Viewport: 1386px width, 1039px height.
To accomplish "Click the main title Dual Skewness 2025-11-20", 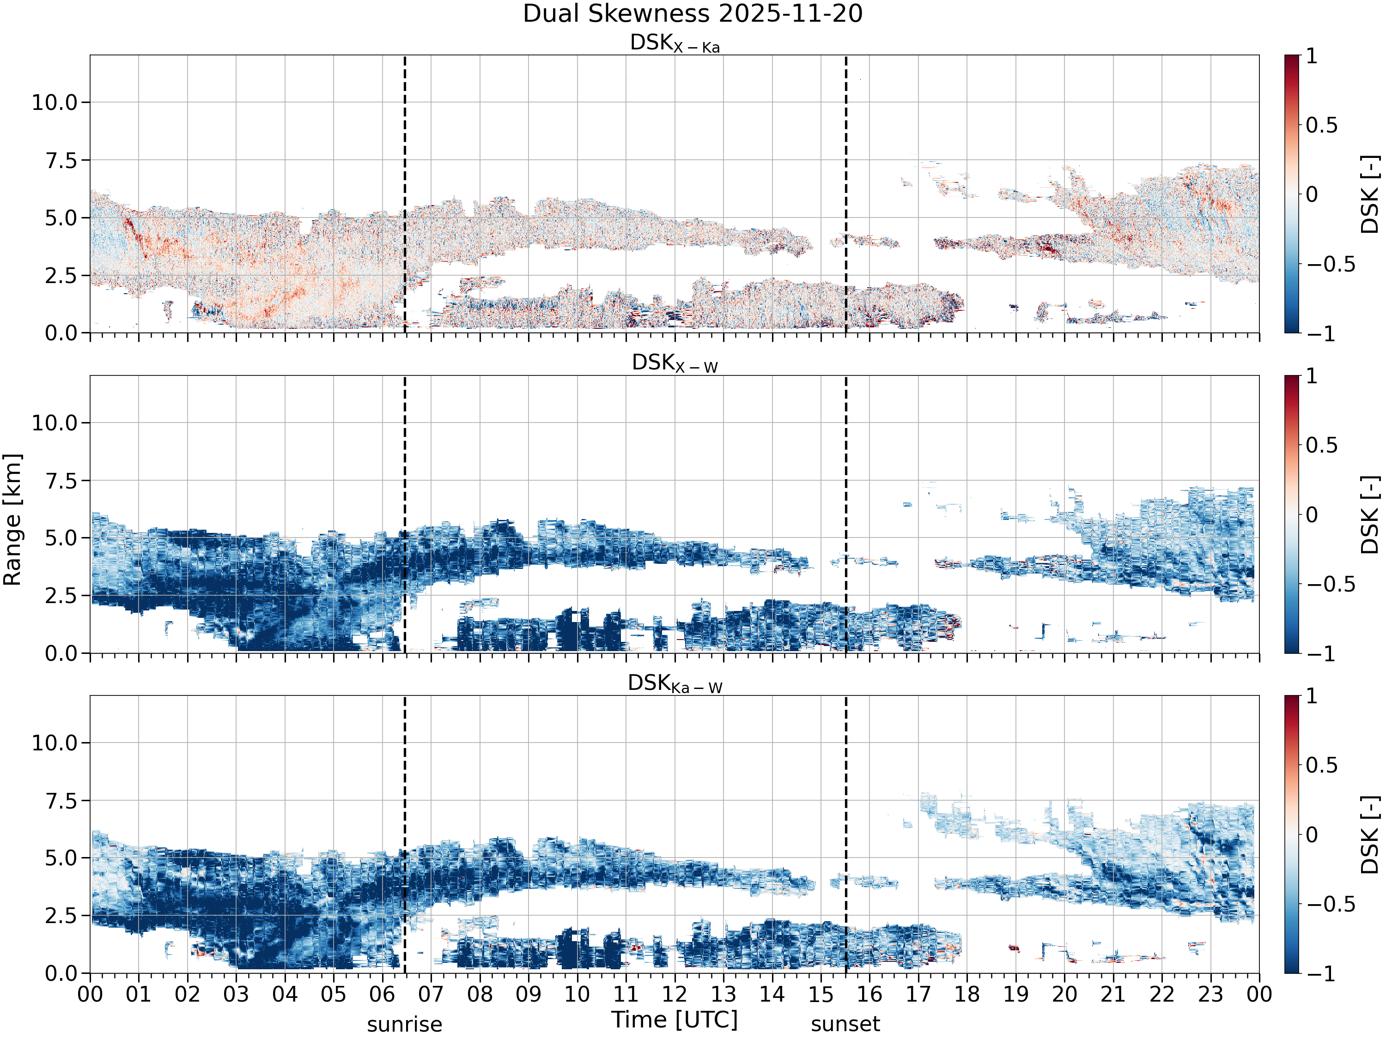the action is [x=693, y=14].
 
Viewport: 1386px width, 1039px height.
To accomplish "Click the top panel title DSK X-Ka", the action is [x=675, y=43].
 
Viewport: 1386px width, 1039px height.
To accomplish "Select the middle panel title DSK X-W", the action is [x=675, y=363].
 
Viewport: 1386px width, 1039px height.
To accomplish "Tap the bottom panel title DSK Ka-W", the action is [x=675, y=683].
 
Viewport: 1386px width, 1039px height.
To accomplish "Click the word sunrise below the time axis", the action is [x=405, y=1025].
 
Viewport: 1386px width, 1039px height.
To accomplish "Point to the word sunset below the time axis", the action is [x=845, y=1025].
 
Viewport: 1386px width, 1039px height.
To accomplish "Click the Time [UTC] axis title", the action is [x=675, y=1020].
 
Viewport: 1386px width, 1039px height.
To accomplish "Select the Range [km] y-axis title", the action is [x=12, y=520].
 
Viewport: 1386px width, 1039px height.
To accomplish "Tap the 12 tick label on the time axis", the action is [x=675, y=995].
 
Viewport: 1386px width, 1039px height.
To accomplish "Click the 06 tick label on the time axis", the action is [x=382, y=995].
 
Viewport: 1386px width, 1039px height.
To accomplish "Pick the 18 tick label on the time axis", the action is [x=967, y=995].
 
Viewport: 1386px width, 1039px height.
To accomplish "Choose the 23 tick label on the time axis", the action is [x=1210, y=995].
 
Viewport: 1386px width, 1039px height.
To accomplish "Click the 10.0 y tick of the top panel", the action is [x=55, y=102].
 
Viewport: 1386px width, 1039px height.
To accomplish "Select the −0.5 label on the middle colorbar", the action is [x=1330, y=584].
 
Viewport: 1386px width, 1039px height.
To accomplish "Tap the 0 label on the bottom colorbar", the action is [x=1312, y=835].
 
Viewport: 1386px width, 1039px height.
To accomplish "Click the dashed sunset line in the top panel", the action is [x=846, y=194].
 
